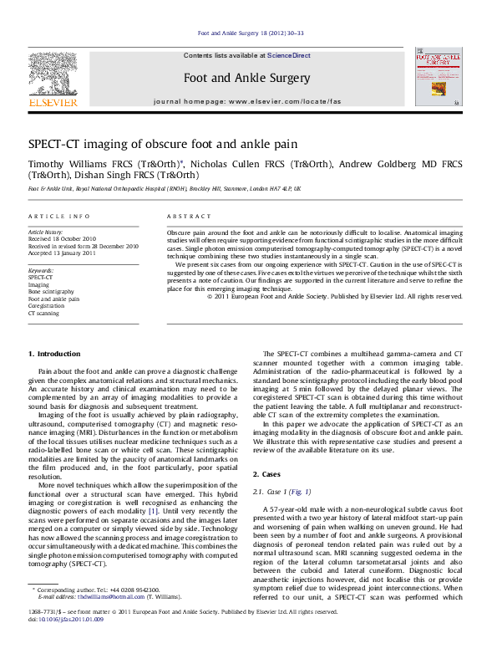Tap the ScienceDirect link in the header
289,55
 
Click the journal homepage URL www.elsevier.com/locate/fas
285,101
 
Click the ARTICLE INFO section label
59,216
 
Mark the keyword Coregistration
47,306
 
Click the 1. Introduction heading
54,355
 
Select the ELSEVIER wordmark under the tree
53,103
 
